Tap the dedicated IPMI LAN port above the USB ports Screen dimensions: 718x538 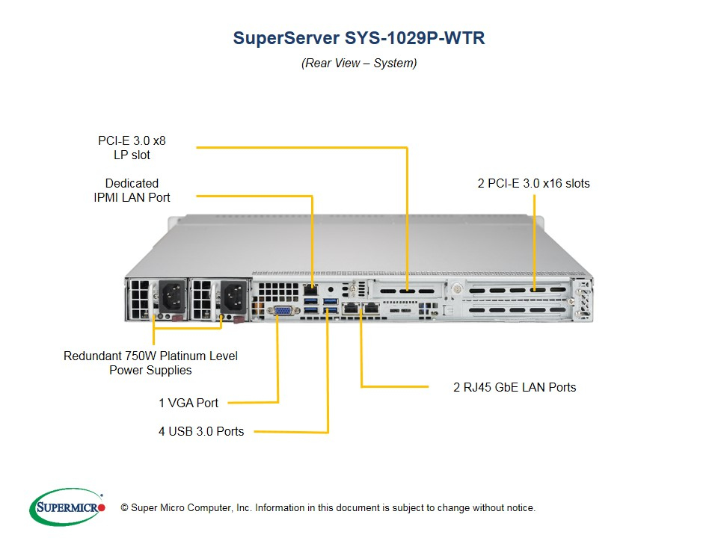310,290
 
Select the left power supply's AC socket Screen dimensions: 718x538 172,297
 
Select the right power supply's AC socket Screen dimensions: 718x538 234,297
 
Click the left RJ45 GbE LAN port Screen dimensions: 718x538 351,307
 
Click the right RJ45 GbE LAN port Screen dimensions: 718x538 371,307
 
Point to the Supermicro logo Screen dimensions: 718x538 67,507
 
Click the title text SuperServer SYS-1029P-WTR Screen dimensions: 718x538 359,38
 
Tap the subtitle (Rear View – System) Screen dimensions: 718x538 359,63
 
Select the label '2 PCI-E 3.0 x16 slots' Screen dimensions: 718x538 533,184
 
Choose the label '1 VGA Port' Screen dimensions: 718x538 188,403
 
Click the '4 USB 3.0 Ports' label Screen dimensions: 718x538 201,431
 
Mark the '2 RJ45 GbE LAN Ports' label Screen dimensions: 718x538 515,388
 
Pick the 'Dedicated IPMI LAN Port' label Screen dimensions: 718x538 132,191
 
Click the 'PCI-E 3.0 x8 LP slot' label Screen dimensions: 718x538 132,148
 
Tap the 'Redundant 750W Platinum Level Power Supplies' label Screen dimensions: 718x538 150,363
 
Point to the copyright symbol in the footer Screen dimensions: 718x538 124,508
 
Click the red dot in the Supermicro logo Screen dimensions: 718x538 102,507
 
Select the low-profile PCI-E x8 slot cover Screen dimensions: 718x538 407,291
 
